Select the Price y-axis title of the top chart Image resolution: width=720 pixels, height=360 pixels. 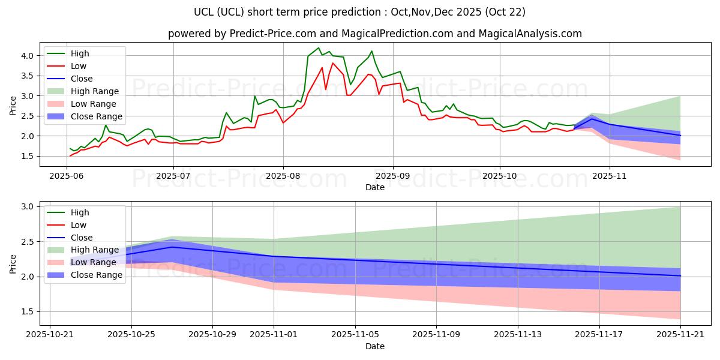point(13,105)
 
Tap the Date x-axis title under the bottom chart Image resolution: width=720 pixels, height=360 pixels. point(375,346)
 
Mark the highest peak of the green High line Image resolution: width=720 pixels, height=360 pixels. point(319,48)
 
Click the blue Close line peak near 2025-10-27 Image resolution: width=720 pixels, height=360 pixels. point(172,247)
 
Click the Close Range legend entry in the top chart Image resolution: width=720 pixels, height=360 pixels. point(96,116)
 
